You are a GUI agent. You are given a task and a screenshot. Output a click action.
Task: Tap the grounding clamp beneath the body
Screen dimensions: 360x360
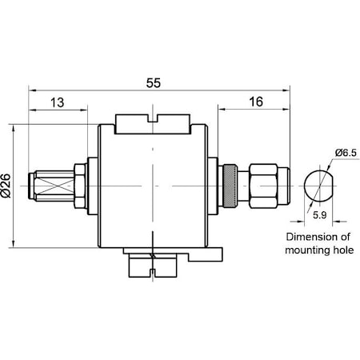[153, 262]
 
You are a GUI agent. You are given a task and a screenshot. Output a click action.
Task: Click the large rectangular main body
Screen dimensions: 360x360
[152, 184]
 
